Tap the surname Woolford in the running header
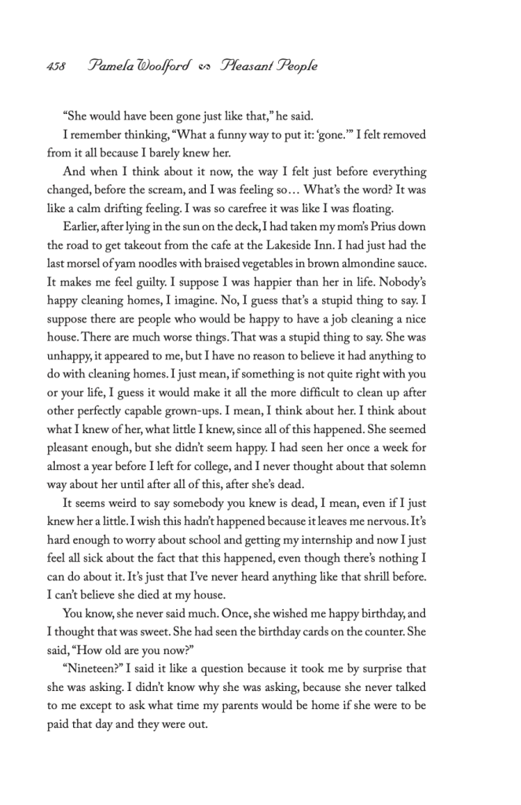pyautogui.click(x=163, y=66)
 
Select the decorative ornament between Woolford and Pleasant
pyautogui.click(x=206, y=67)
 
